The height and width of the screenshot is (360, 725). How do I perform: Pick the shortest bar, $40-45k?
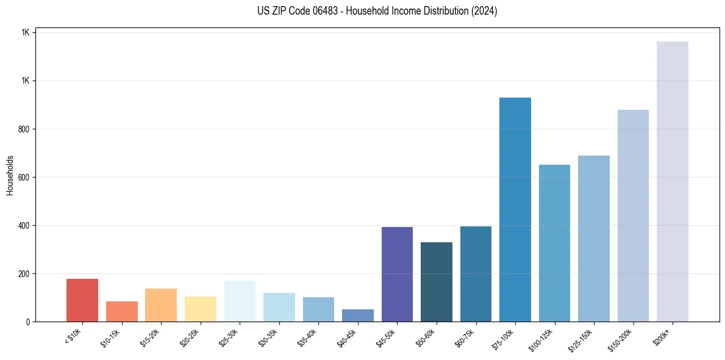(358, 315)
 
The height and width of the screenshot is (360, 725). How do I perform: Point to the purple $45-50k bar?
(397, 274)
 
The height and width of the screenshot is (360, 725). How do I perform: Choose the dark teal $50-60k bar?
(437, 282)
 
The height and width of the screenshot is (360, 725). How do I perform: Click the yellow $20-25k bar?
(201, 309)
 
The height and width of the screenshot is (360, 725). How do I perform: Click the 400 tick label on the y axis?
(24, 226)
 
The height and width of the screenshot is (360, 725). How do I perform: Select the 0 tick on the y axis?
(28, 322)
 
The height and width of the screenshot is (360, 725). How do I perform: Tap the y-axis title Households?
(10, 175)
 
